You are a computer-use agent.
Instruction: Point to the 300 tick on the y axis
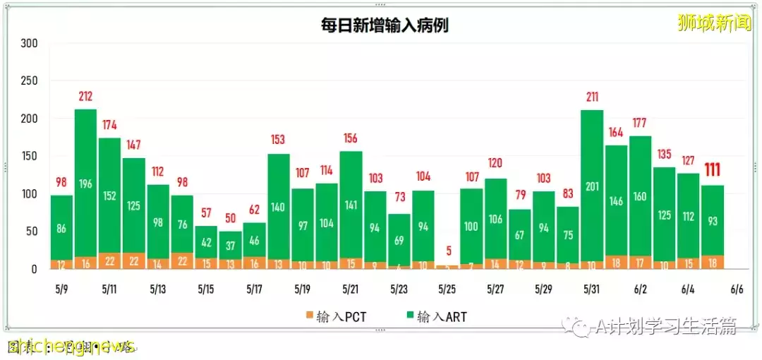pyautogui.click(x=29, y=44)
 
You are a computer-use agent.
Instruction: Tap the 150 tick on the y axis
pyautogui.click(x=29, y=156)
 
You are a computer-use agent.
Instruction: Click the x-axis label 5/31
pyautogui.click(x=591, y=289)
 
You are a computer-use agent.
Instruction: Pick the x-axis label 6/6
pyautogui.click(x=737, y=289)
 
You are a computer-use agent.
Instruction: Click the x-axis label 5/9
pyautogui.click(x=61, y=289)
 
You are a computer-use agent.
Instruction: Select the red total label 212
pyautogui.click(x=85, y=97)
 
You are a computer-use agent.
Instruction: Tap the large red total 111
pyautogui.click(x=713, y=170)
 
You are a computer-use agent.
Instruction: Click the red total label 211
pyautogui.click(x=591, y=97)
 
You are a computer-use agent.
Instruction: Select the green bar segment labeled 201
pyautogui.click(x=591, y=186)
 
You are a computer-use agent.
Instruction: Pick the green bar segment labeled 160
pyautogui.click(x=640, y=197)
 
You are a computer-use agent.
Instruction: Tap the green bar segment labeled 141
pyautogui.click(x=351, y=205)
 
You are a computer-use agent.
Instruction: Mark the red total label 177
pyautogui.click(x=640, y=123)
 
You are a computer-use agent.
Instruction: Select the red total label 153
pyautogui.click(x=279, y=140)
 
